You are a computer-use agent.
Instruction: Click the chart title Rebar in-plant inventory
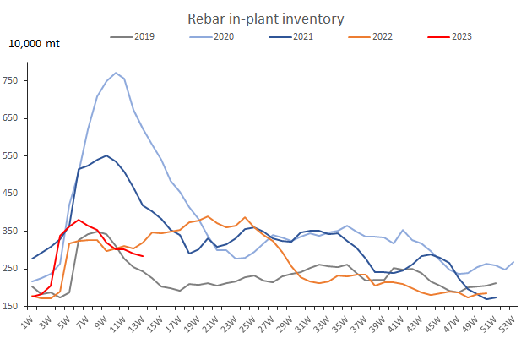click(265, 19)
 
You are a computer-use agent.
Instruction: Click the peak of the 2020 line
click(116, 73)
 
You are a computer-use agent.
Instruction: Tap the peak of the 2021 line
click(106, 155)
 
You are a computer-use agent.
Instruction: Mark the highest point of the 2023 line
click(79, 220)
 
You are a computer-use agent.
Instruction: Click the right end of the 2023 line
click(143, 256)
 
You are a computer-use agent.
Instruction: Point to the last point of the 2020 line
click(514, 262)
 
